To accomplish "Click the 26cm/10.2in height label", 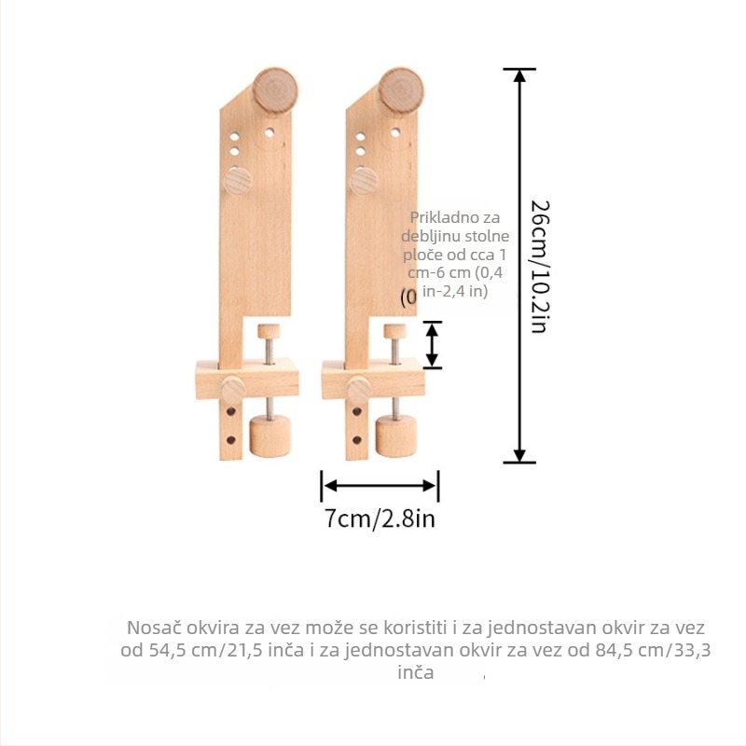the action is pos(540,267).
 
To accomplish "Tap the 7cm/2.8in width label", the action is pos(380,518).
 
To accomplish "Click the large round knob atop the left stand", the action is pos(275,90).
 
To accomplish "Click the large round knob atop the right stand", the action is pos(401,90).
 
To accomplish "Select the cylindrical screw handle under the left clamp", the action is pos(270,435).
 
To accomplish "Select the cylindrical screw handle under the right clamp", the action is pos(396,435).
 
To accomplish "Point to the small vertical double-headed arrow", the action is pos(432,344).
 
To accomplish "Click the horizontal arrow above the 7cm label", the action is pos(380,486).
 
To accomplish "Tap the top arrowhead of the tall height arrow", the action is pos(519,76).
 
